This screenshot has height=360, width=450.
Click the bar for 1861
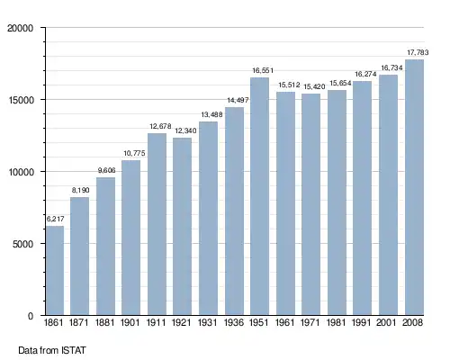click(55, 270)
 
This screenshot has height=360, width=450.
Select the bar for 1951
click(260, 196)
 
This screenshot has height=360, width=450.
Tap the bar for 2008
click(414, 187)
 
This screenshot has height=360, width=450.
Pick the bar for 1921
click(182, 227)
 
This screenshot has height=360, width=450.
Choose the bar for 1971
click(310, 204)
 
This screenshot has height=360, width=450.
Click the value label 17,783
click(418, 52)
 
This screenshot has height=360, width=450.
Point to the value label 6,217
click(56, 219)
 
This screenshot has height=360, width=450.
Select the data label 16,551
click(263, 70)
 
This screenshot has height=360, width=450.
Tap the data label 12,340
click(185, 130)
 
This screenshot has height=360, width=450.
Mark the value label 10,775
click(134, 153)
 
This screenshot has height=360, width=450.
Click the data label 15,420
click(314, 86)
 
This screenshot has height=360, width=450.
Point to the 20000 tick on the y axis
click(20, 28)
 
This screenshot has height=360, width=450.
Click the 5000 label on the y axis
click(22, 244)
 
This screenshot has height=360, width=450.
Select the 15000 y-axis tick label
click(20, 100)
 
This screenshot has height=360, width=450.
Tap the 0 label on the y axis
click(31, 316)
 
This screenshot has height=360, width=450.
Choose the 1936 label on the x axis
click(234, 322)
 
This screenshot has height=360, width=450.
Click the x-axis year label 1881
click(105, 322)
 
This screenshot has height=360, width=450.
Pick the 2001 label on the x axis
click(386, 322)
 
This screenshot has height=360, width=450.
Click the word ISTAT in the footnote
click(74, 350)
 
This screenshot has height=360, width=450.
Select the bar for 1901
click(130, 238)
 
